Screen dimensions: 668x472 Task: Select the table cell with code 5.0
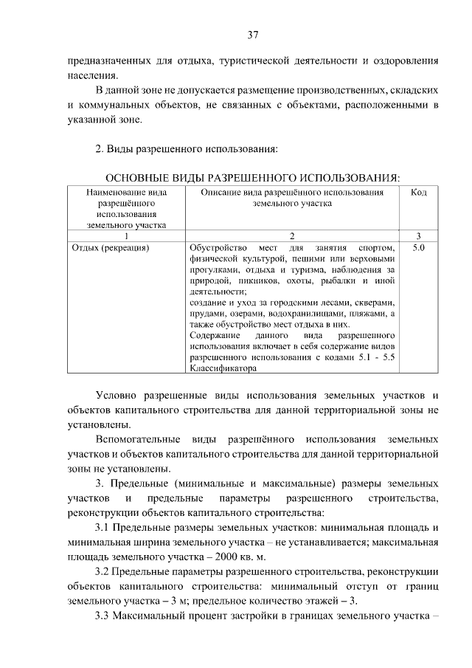pyautogui.click(x=418, y=248)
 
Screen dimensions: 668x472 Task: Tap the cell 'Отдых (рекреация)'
pyautogui.click(x=111, y=248)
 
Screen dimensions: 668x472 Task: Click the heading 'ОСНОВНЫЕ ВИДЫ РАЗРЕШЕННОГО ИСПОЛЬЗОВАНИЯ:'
pyautogui.click(x=253, y=178)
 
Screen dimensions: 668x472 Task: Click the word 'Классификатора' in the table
pyautogui.click(x=222, y=367)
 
